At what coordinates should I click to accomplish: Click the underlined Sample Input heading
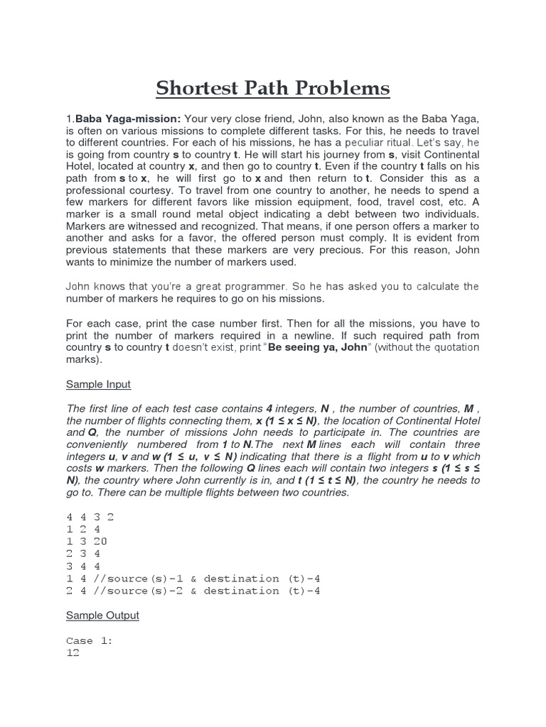98,384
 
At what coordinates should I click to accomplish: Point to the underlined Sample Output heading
102,615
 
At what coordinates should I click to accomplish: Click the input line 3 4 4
84,566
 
